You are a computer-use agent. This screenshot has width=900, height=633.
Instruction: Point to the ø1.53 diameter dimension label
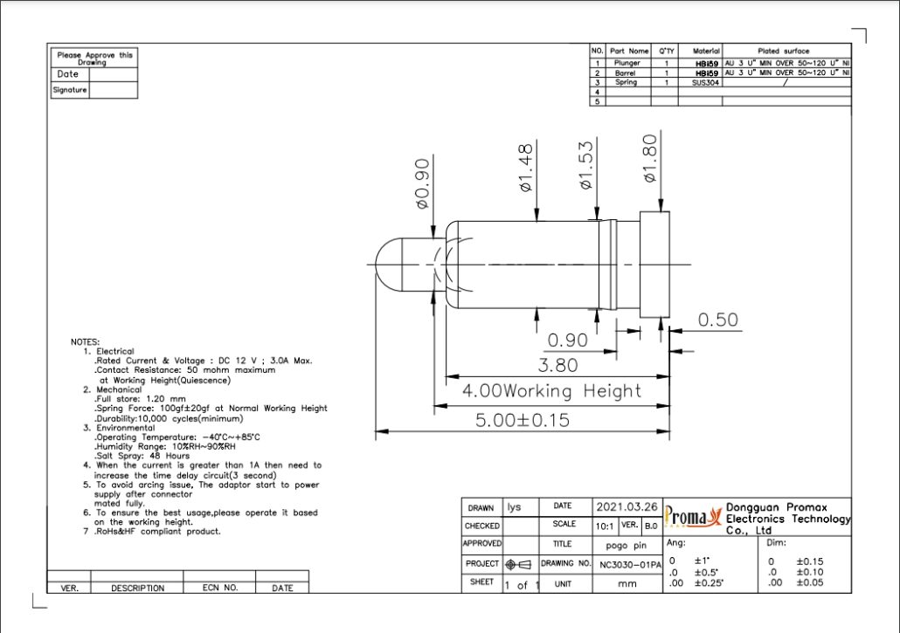click(x=585, y=165)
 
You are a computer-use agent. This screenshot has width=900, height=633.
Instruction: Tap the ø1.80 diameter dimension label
click(x=650, y=158)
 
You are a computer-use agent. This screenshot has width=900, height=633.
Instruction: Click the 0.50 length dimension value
click(x=718, y=320)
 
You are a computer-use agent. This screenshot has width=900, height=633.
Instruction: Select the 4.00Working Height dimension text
click(x=551, y=390)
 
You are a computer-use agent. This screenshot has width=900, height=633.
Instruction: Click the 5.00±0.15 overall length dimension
click(x=522, y=420)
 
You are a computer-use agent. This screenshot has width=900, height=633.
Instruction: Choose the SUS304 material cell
click(x=705, y=83)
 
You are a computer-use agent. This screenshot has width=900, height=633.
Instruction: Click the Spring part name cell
click(x=626, y=83)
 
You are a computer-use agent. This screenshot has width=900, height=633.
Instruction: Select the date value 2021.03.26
click(x=627, y=506)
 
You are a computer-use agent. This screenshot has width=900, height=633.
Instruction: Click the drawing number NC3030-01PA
click(x=628, y=564)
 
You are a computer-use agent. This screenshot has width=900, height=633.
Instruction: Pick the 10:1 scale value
click(x=605, y=526)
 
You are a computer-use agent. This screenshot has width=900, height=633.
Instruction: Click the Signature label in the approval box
click(x=70, y=90)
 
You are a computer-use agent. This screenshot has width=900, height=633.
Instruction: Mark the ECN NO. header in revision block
click(x=220, y=588)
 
